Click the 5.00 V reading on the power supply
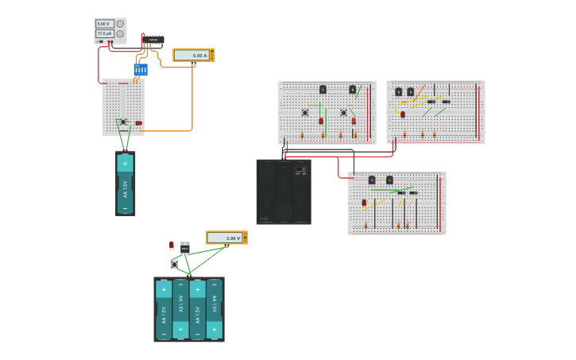[x=104, y=24]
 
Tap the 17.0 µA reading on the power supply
[x=104, y=33]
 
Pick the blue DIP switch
[x=141, y=70]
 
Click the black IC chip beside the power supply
[x=153, y=39]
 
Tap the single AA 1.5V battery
[x=126, y=184]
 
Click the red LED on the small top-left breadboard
[x=138, y=123]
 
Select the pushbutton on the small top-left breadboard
[x=123, y=122]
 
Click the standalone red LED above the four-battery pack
[x=172, y=245]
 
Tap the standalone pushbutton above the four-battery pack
[x=174, y=264]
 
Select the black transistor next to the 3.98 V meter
[x=185, y=248]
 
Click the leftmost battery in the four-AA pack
[x=164, y=309]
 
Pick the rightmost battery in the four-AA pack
[x=215, y=309]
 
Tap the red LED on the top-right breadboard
[x=403, y=114]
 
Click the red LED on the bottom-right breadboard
[x=364, y=203]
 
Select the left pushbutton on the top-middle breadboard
[x=305, y=113]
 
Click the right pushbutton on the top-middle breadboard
[x=344, y=113]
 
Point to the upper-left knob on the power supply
[x=120, y=24]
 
